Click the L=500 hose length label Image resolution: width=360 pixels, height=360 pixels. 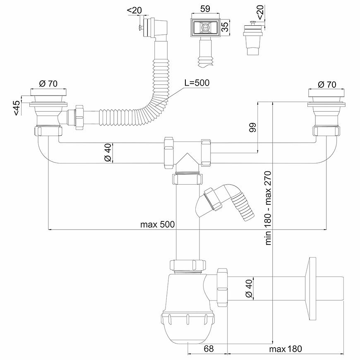click(x=197, y=82)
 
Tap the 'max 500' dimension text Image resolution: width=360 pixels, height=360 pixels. click(x=157, y=224)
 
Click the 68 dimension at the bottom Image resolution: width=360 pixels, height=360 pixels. click(x=209, y=349)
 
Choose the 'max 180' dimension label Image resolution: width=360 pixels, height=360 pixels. click(x=286, y=349)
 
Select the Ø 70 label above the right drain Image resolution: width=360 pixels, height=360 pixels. click(x=327, y=84)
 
